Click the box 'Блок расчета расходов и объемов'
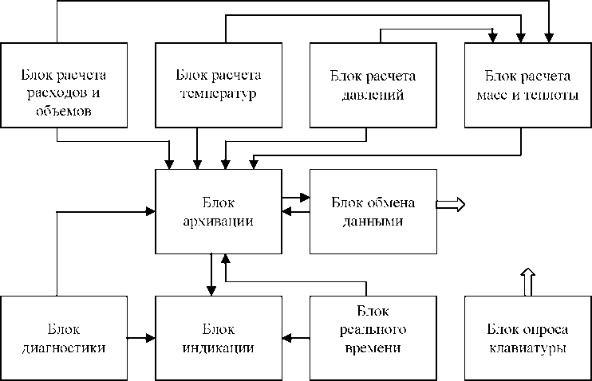64,84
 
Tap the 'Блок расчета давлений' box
373,84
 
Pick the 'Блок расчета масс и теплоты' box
527,84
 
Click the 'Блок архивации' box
218,210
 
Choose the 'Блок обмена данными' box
373,210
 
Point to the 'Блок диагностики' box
64,338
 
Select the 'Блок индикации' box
218,338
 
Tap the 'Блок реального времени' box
373,338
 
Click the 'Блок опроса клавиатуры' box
527,338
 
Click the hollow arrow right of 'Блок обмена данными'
451,204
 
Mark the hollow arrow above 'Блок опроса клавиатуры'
527,281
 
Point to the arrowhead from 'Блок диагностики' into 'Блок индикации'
150,338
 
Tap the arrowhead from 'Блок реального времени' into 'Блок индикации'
286,338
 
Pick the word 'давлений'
373,94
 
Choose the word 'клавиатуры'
527,348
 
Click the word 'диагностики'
64,348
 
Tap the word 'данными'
373,221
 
